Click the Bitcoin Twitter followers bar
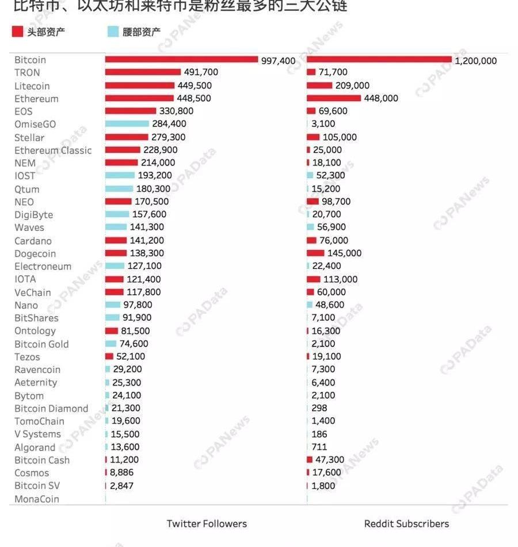point(181,60)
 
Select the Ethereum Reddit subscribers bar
point(334,98)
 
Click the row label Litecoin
point(32,86)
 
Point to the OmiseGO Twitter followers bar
point(127,124)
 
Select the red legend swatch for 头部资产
point(17,32)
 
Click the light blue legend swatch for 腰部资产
point(113,32)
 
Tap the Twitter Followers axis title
point(207,523)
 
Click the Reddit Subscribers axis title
point(406,523)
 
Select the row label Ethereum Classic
point(53,151)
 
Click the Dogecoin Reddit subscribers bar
point(315,253)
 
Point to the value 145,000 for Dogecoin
point(344,253)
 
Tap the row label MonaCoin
point(37,499)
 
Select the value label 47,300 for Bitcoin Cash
point(330,460)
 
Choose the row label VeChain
point(33,292)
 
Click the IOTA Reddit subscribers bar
point(314,279)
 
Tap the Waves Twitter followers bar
point(116,228)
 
